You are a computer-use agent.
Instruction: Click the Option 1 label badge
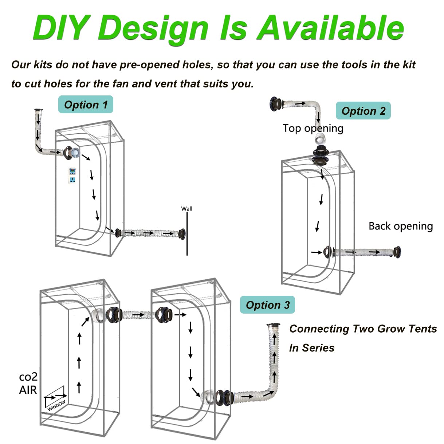(86, 105)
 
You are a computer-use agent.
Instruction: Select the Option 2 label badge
(363, 111)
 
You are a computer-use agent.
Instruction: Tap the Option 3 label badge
(267, 305)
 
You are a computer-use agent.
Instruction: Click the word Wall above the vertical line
(186, 209)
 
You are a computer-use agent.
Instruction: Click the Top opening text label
(313, 128)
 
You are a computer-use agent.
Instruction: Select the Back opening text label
(400, 226)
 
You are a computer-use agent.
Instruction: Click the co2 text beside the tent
(28, 377)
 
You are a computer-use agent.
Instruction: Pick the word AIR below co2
(28, 390)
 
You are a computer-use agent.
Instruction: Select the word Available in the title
(330, 28)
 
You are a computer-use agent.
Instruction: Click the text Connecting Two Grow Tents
(363, 329)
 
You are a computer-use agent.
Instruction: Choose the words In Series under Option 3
(311, 348)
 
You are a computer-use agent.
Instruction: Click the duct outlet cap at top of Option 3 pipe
(273, 325)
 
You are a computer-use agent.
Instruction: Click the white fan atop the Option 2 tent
(321, 138)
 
